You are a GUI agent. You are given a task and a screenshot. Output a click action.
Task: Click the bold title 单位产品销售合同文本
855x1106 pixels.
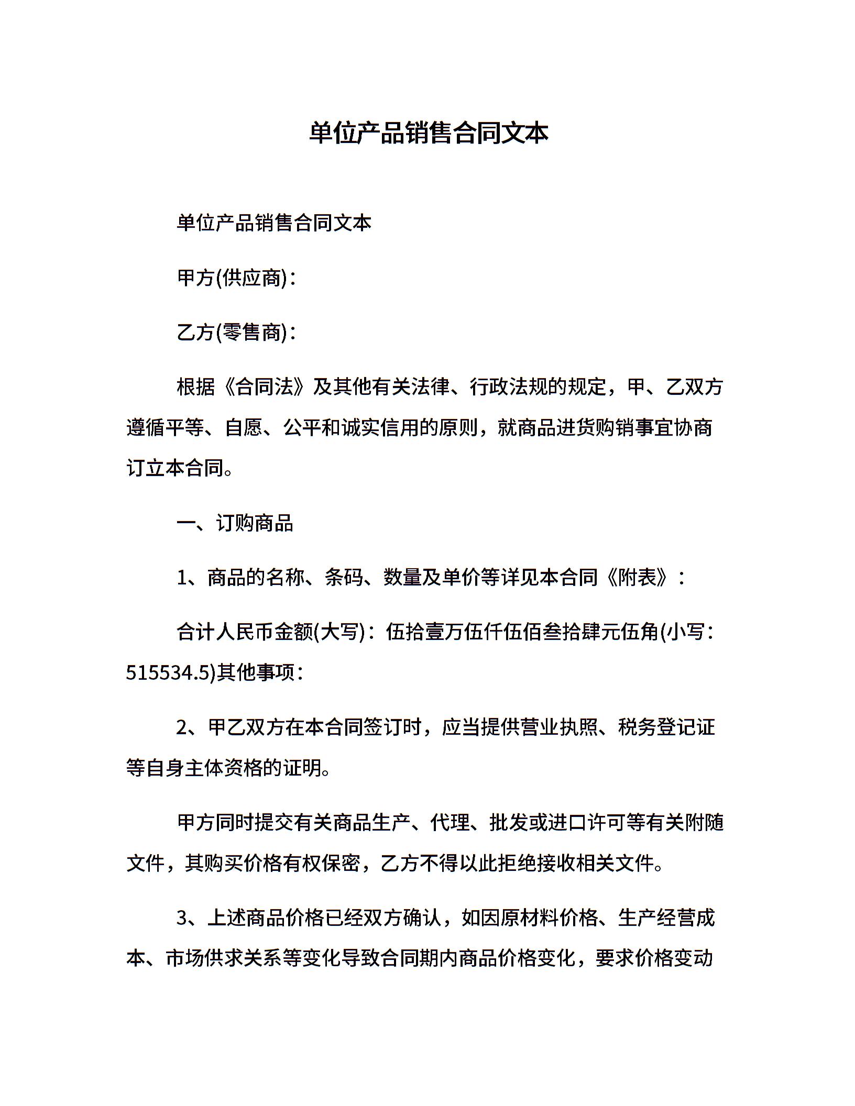(x=428, y=133)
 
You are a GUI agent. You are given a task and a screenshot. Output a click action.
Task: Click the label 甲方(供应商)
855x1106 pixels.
(x=233, y=278)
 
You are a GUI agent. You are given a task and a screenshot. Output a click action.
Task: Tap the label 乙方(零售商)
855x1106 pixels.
(x=233, y=333)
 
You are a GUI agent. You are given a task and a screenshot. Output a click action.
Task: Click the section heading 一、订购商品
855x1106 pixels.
(x=235, y=523)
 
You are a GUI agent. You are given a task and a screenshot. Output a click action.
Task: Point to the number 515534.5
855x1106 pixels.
(x=167, y=673)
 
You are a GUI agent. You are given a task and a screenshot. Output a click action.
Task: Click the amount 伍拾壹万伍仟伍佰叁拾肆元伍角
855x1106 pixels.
(x=522, y=632)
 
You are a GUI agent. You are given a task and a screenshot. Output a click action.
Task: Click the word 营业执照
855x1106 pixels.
(x=540, y=727)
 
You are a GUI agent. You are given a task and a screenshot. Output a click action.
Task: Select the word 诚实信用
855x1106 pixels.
(x=381, y=428)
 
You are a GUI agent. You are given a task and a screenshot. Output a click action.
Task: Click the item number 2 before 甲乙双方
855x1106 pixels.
(x=182, y=727)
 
